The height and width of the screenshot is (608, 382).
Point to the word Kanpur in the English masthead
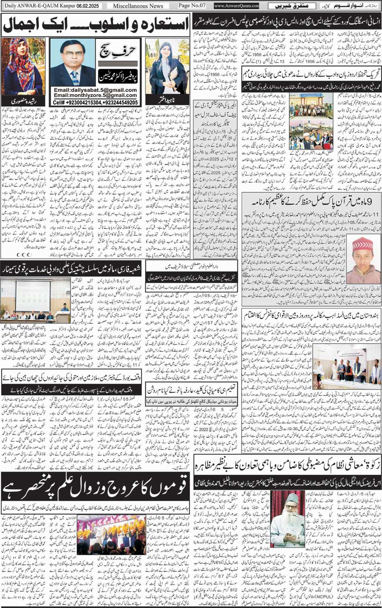coord(61,6)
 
